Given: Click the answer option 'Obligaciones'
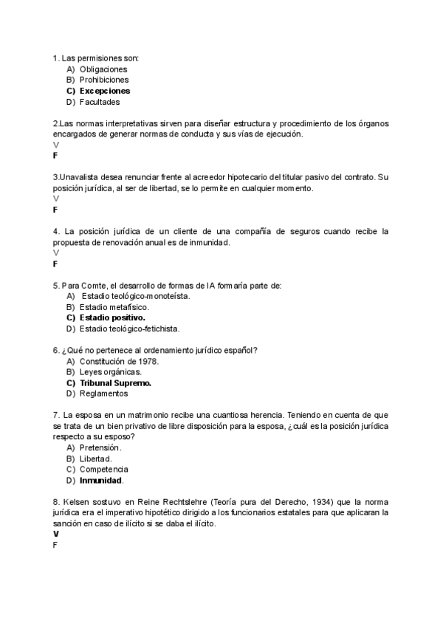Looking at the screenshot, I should (x=103, y=69).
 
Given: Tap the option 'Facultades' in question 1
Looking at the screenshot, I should (x=100, y=102).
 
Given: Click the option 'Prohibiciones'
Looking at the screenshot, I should (x=104, y=80).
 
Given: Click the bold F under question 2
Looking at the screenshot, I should (x=55, y=156).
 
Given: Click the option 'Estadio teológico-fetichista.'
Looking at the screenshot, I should (x=129, y=329).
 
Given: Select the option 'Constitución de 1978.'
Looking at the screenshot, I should (x=119, y=361).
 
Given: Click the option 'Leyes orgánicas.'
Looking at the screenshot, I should (x=110, y=372).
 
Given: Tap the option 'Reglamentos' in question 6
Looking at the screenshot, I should (x=103, y=393).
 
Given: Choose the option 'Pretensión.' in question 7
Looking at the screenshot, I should (x=100, y=447).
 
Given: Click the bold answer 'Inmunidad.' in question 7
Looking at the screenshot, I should (x=101, y=480).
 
